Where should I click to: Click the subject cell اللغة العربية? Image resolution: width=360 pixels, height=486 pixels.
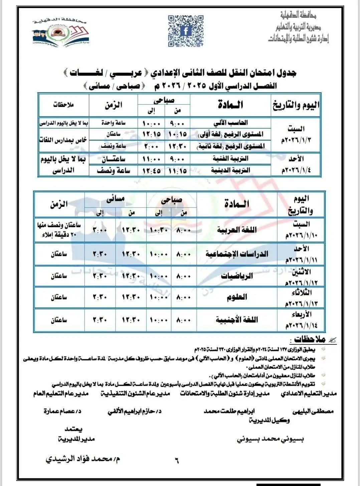pos(237,230)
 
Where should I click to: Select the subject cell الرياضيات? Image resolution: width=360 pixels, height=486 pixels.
pos(237,276)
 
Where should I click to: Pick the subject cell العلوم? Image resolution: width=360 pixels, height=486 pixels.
pos(237,297)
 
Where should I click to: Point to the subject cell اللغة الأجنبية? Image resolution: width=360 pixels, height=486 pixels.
pos(237,320)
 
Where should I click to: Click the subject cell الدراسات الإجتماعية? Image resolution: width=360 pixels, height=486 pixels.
pos(237,254)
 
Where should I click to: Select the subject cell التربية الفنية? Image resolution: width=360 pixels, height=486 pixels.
pos(230,159)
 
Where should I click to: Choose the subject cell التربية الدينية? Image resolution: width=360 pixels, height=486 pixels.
pos(230,170)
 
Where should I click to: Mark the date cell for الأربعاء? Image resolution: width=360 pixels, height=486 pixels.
pos(301,320)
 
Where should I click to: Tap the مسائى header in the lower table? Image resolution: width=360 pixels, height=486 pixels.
pos(115,199)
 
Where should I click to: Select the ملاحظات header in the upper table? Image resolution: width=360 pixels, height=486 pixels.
pos(63,105)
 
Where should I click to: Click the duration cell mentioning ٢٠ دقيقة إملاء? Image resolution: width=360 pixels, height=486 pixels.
pos(59,230)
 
